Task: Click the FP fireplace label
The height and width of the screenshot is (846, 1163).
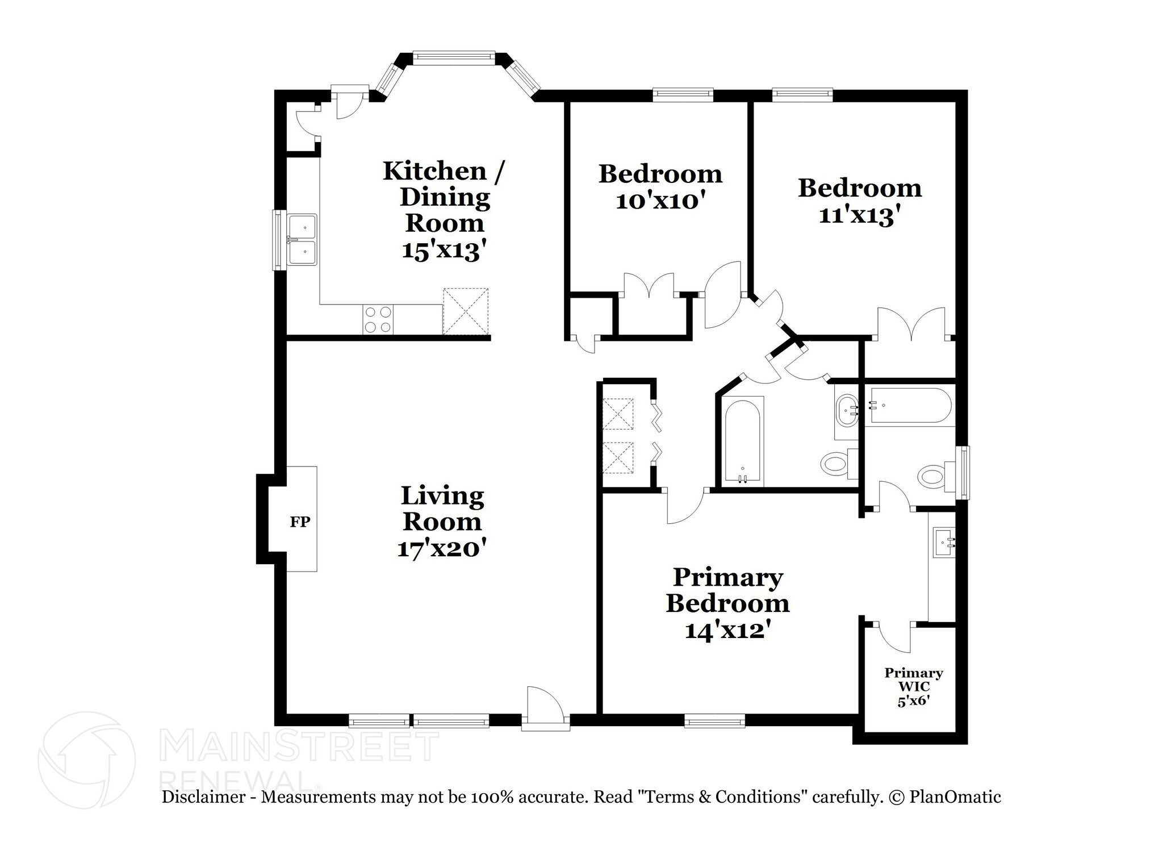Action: (300, 522)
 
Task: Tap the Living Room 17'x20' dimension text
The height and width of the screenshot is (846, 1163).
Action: (442, 549)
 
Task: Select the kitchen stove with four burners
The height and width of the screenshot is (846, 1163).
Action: (378, 319)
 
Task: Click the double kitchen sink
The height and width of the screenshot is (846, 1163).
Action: (302, 239)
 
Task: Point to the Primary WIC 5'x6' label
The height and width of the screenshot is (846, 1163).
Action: (913, 686)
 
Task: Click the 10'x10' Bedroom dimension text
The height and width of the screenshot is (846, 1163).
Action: (660, 201)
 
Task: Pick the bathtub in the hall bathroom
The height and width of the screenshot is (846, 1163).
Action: (742, 441)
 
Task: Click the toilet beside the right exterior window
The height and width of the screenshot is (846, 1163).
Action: (935, 477)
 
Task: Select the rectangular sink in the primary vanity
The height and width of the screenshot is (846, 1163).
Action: (944, 543)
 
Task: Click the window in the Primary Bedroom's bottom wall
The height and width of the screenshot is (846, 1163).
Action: (714, 721)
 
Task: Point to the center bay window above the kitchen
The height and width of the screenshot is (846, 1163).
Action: (453, 56)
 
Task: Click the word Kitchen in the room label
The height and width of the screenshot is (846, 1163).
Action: (434, 171)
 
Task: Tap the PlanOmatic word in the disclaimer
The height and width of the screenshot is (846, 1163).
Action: (955, 797)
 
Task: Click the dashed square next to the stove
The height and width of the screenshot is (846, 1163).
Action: (465, 311)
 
